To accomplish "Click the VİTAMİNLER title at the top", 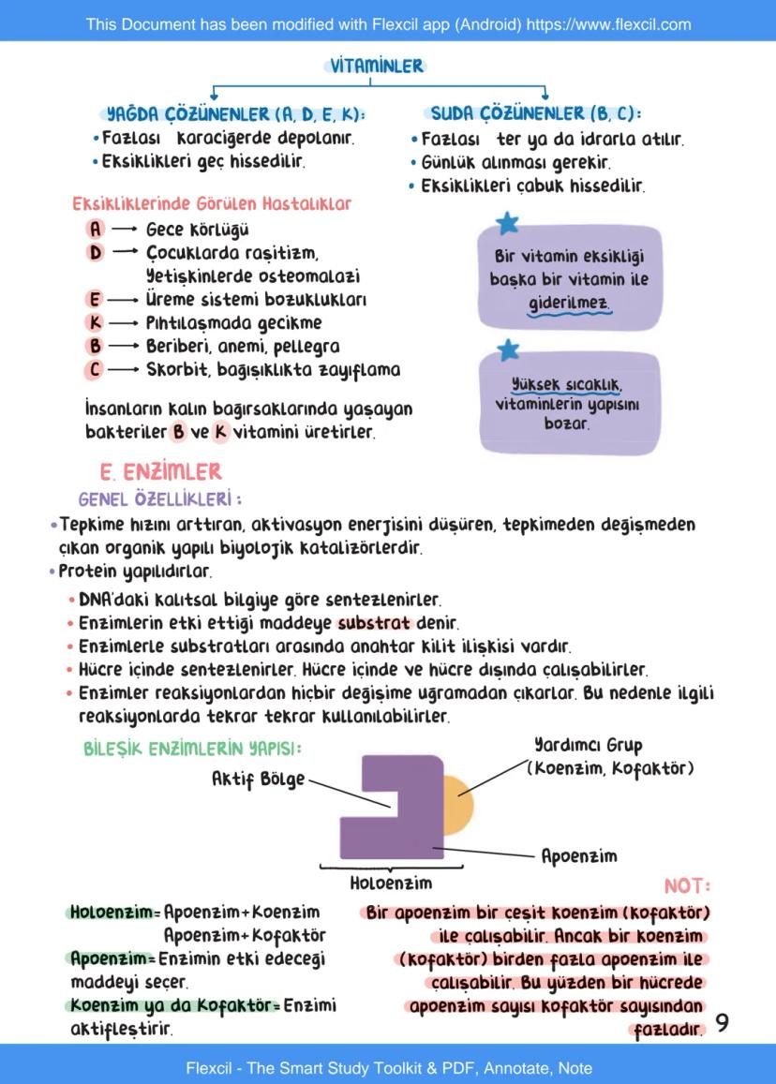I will pos(377,66).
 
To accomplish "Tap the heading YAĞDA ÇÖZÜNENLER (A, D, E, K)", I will pos(236,115).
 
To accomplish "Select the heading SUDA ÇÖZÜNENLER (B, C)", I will pos(535,114).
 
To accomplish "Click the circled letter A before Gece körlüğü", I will pos(95,229).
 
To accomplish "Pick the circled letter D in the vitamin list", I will pos(95,252).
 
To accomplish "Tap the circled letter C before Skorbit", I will pos(95,369).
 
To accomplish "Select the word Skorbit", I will pos(174,369).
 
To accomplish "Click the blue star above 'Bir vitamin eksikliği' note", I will pos(507,223).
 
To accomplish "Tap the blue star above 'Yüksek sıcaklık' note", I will pos(507,349).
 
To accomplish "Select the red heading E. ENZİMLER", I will pos(160,471).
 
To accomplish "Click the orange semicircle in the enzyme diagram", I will pos(458,804).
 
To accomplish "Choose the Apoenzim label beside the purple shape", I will pos(579,855).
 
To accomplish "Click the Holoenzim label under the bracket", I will pos(390,883).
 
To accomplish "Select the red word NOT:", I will pos(687,885).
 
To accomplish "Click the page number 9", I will pos(722,1023).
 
